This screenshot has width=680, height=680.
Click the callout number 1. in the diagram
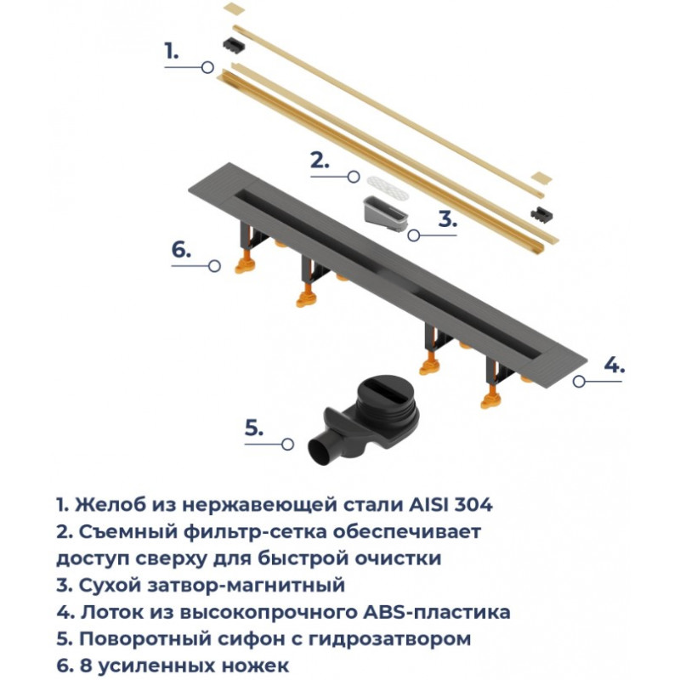coord(172,51)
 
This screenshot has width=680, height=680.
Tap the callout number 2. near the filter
coord(320,161)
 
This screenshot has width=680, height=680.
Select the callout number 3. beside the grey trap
coord(448,219)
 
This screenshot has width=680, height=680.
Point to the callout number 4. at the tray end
coord(614,365)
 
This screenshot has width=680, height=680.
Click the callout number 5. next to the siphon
coord(254,428)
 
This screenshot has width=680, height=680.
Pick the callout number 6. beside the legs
coord(181,249)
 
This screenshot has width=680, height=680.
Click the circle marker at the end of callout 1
coord(208,67)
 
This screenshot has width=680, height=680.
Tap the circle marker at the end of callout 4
coord(579,381)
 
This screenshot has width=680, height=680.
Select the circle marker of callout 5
coord(287,444)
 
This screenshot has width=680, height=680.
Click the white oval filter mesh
coord(388,188)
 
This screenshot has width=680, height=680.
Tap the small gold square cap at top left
coord(235,8)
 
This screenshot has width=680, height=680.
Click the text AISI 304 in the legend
coord(450,504)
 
